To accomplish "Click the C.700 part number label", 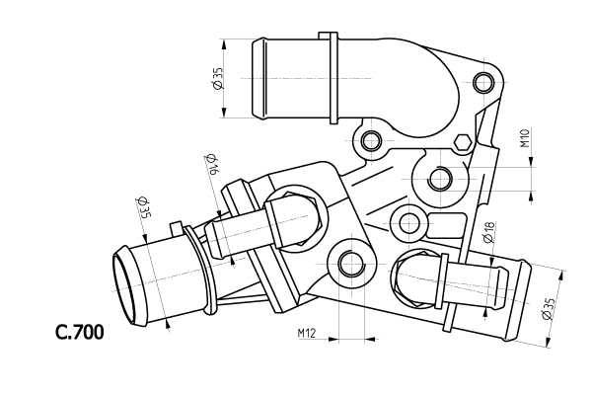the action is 79,333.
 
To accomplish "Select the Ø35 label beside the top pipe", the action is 218,79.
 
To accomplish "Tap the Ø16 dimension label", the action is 211,164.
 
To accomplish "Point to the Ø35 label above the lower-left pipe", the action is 143,207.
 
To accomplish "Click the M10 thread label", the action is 526,137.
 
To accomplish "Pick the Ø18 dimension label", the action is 488,232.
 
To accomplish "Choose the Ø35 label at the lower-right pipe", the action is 548,309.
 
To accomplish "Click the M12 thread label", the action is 306,333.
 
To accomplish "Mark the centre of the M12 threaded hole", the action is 351,264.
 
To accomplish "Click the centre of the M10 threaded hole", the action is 440,179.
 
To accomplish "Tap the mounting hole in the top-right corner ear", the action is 483,83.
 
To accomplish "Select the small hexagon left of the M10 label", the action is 463,143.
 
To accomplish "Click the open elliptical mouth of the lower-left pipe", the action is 124,284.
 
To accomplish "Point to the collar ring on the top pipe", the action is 333,78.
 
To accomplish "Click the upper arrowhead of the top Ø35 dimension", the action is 224,43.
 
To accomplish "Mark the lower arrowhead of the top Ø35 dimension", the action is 224,113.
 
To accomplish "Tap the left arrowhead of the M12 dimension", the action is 333,339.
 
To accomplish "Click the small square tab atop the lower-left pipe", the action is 177,229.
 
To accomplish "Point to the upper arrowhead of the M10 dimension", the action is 532,161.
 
